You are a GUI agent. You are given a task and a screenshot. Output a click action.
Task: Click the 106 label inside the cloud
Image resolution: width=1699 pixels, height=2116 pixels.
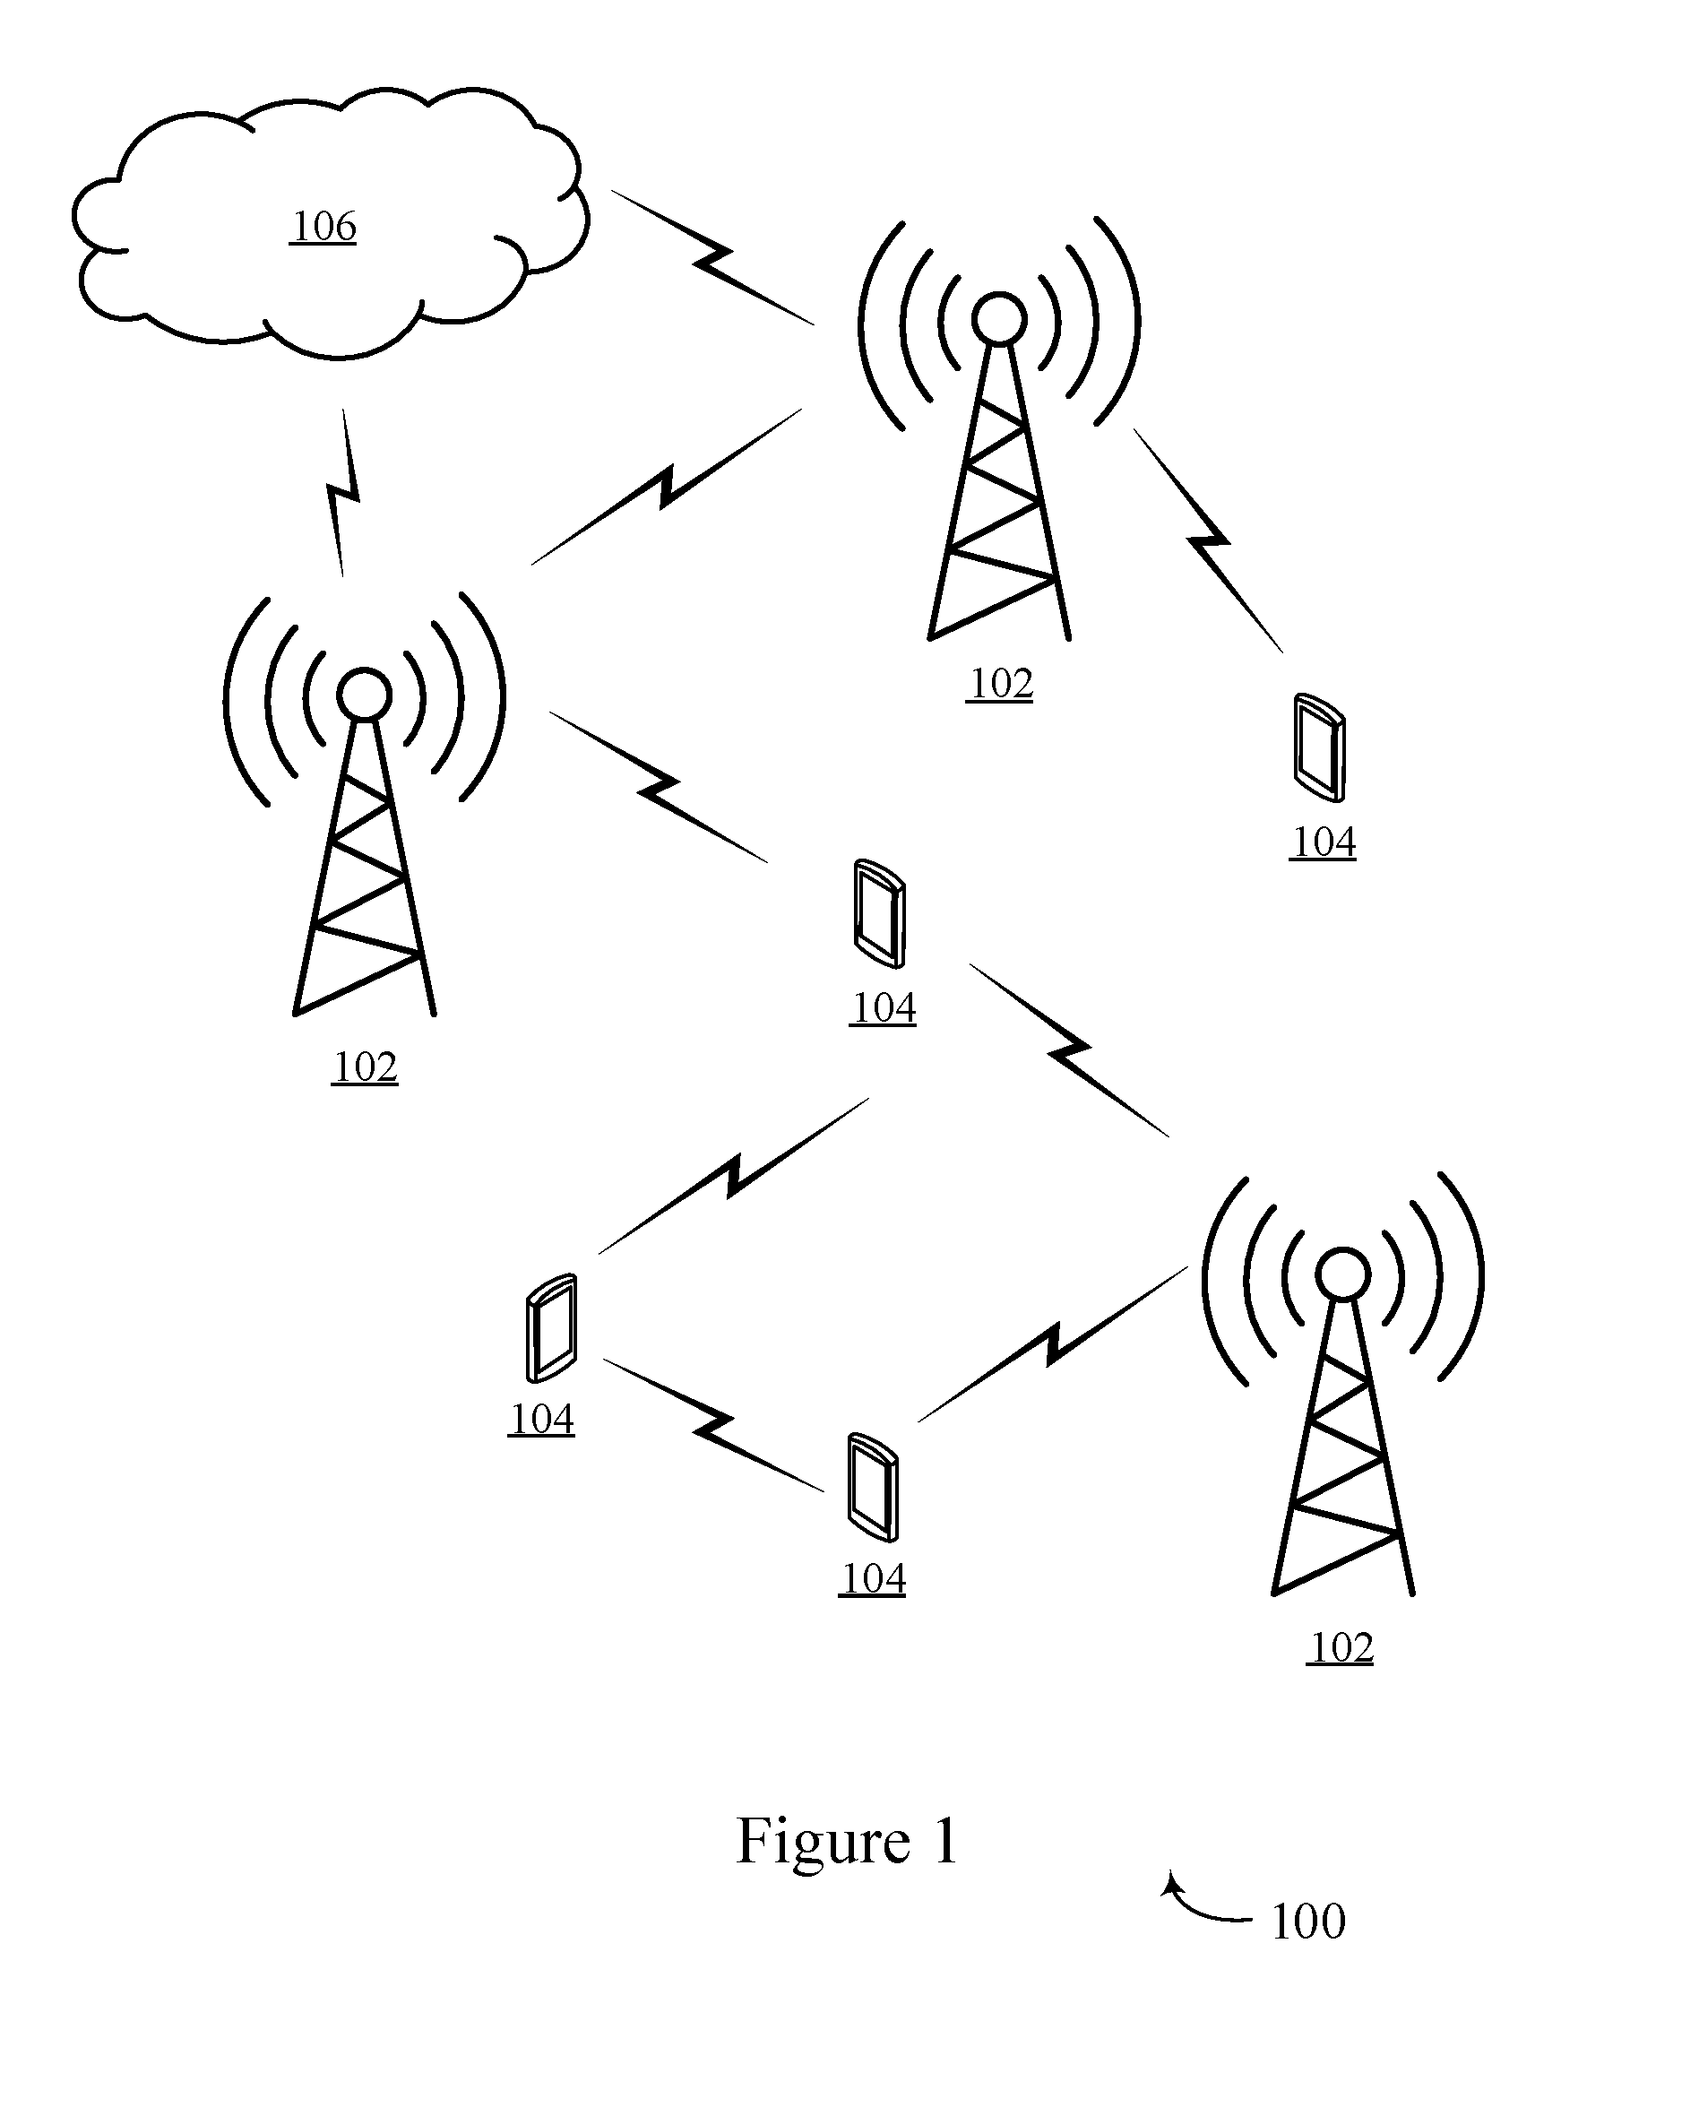coord(323,227)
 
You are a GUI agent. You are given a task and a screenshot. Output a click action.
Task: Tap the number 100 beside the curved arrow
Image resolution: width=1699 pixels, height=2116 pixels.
coord(1307,1921)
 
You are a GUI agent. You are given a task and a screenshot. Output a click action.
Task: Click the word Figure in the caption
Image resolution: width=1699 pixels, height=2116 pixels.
coord(824,1842)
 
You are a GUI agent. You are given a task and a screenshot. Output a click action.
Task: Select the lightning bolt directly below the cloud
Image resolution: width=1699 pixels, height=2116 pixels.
coord(342,493)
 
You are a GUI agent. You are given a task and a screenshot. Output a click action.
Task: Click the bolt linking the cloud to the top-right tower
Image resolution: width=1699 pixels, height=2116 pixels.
coord(712,257)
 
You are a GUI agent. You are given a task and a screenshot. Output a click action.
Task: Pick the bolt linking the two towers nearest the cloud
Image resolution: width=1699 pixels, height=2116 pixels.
coord(667,487)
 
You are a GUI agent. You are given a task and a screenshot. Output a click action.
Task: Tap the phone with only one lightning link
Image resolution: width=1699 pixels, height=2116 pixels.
coord(1318,747)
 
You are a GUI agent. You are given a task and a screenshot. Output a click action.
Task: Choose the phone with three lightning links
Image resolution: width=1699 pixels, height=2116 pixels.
coord(878,914)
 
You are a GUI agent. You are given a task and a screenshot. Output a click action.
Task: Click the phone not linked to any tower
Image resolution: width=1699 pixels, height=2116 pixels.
coord(552,1328)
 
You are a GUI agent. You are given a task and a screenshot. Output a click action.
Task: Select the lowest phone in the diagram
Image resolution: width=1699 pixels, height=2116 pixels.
coord(873,1487)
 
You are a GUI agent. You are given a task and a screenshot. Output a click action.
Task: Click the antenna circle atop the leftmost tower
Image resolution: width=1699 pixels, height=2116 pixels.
coord(364,695)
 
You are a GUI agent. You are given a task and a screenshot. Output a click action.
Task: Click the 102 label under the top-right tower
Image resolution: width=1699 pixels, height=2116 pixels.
coord(1000,684)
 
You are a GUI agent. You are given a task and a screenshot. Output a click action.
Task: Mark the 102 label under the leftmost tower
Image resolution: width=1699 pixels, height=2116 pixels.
coord(365,1067)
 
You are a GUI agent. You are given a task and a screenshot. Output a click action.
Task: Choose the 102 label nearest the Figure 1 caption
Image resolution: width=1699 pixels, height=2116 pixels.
coord(1341,1648)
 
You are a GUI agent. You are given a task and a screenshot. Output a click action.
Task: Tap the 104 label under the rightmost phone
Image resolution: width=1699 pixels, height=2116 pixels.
coord(1323,842)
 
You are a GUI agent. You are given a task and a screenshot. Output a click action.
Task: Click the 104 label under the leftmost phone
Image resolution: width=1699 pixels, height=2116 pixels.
coord(542,1419)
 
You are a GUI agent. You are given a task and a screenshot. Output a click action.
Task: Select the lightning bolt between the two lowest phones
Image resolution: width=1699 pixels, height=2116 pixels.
coord(713,1425)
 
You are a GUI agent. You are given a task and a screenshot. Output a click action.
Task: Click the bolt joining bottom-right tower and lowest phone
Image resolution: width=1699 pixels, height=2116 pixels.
coord(1053,1344)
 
